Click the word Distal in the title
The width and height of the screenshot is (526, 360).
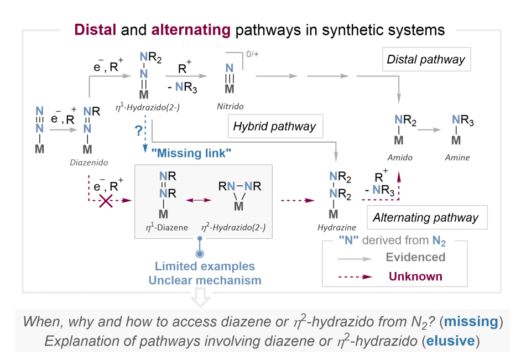coord(95,30)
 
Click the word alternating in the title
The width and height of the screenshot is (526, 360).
coord(191,30)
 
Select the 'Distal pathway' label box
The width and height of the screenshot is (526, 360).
coord(426,59)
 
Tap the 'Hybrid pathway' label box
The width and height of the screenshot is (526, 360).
coord(275,126)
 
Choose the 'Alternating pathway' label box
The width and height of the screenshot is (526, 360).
coord(427,217)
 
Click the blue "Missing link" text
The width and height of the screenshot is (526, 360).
coord(191,153)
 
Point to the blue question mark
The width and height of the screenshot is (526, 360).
coord(138,130)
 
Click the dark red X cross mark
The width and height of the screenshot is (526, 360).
coord(106,201)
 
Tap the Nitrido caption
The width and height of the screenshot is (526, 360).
coord(230,106)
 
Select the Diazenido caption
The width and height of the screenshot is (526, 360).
coord(89,163)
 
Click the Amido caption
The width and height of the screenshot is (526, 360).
coord(400,158)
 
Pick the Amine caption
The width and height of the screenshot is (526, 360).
coord(457,158)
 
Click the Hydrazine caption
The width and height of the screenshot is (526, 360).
coord(337,227)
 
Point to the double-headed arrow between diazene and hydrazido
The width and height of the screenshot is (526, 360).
coord(199,200)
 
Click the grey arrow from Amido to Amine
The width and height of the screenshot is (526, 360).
coord(429,130)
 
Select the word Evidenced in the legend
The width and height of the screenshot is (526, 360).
coord(415,257)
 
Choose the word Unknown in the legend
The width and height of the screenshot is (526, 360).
coord(415,276)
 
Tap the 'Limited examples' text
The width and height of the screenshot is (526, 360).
coord(205,266)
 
